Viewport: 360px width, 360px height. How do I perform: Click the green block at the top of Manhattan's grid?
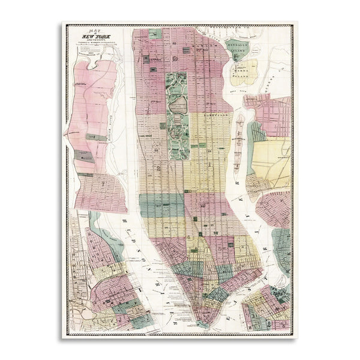[155, 34]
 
